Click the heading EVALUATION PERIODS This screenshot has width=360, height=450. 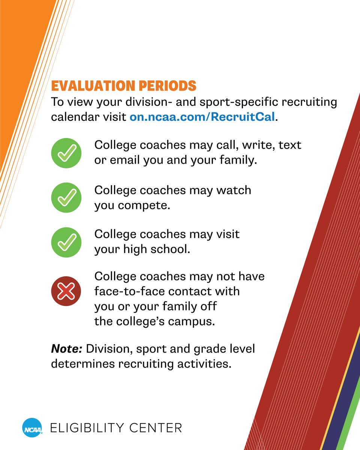tap(123, 86)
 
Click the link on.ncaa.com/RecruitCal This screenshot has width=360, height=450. tap(202, 117)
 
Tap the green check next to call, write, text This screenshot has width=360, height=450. tap(66, 153)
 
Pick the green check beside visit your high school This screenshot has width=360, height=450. tap(66, 242)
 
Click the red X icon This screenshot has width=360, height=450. tap(66, 291)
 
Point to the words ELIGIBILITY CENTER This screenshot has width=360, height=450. tap(116, 427)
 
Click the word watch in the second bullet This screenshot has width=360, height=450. tap(233, 190)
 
